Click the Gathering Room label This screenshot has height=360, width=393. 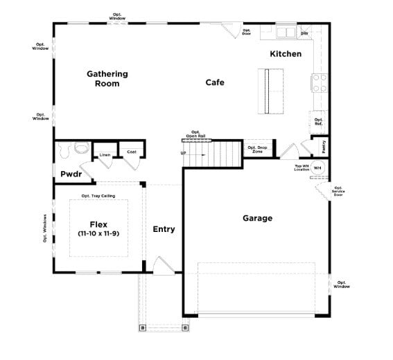coord(107,78)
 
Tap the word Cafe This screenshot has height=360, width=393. coord(215,82)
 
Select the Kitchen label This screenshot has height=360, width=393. coord(286,53)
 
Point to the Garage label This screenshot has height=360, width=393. coord(257,218)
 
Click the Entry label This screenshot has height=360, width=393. coord(164,229)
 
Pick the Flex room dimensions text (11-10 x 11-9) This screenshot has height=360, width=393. coord(98,234)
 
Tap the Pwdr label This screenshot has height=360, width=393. coord(71,174)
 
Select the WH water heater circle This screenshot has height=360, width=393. coord(318,168)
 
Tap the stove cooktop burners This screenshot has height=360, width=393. coord(320,83)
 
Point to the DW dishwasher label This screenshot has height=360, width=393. coord(304,33)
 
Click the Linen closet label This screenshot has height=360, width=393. coord(105,154)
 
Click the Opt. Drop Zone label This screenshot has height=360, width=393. coord(257,150)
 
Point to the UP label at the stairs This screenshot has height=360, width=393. coord(184,153)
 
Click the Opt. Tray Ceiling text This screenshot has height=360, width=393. coord(98,196)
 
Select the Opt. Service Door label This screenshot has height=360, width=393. coord(338,191)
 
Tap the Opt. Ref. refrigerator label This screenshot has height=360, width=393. coord(319,122)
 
